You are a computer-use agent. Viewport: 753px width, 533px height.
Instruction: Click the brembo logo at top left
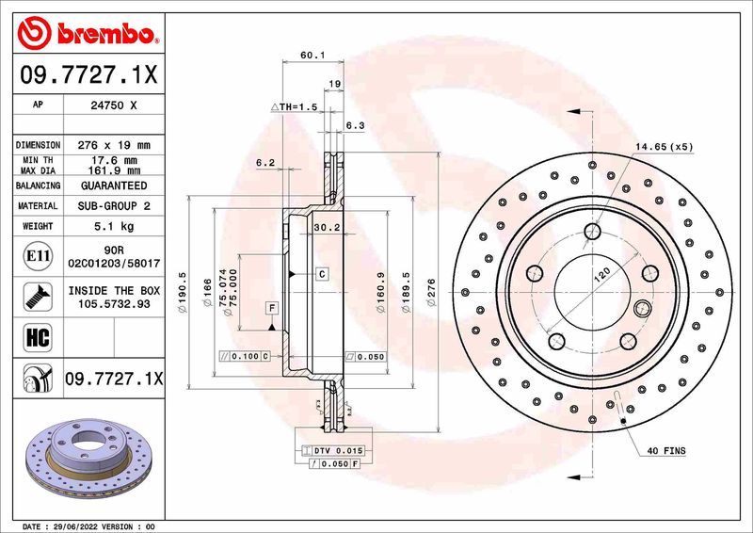click(x=87, y=34)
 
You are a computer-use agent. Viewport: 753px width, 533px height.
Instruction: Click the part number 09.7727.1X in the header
click(x=87, y=72)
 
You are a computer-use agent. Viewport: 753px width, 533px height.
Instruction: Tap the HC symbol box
click(x=35, y=334)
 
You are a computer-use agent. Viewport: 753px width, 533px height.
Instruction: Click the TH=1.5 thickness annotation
click(x=296, y=107)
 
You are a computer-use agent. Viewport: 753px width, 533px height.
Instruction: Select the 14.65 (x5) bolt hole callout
click(x=663, y=148)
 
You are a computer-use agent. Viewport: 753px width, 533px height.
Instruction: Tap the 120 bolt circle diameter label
click(x=602, y=275)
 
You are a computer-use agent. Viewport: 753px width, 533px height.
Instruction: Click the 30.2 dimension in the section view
click(x=326, y=228)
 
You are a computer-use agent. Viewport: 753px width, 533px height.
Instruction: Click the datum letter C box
click(x=321, y=274)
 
